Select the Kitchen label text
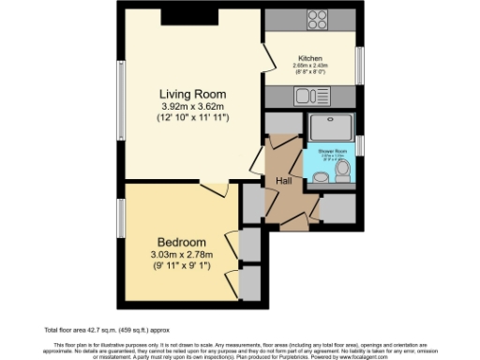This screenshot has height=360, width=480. click(310, 57)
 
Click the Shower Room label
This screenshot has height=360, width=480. click(332, 150)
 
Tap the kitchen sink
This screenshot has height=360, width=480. click(307, 95)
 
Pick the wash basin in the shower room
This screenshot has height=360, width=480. click(322, 176)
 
